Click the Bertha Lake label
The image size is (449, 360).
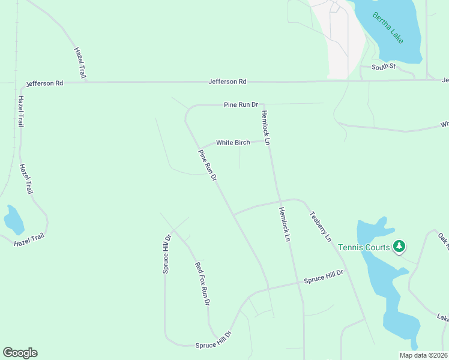coord(388,28)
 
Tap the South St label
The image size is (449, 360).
coord(383,67)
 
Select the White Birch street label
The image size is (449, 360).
coord(233,143)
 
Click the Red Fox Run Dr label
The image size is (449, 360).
coord(202,284)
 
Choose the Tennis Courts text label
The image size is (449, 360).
coord(364,247)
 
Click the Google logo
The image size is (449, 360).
coord(20,353)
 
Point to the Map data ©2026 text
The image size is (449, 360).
coord(424,355)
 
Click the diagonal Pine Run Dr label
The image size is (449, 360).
coord(207,166)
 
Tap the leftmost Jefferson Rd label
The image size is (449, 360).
coord(44,83)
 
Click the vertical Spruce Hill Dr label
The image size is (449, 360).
coord(167,254)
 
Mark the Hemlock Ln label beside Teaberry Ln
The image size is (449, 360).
coord(284,224)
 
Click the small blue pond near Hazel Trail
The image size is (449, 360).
coord(13,220)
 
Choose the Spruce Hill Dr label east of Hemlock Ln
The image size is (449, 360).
coord(323,277)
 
